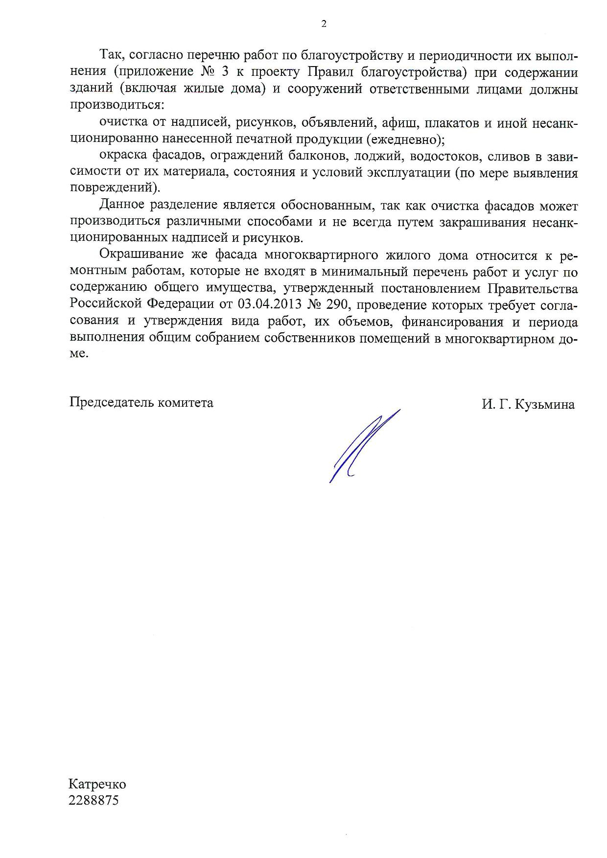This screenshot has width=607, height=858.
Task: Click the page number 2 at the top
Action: [x=324, y=24]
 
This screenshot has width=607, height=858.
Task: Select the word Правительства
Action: [x=530, y=288]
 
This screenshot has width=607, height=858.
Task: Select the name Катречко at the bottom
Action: [x=97, y=785]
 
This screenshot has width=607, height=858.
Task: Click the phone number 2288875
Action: [x=93, y=801]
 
